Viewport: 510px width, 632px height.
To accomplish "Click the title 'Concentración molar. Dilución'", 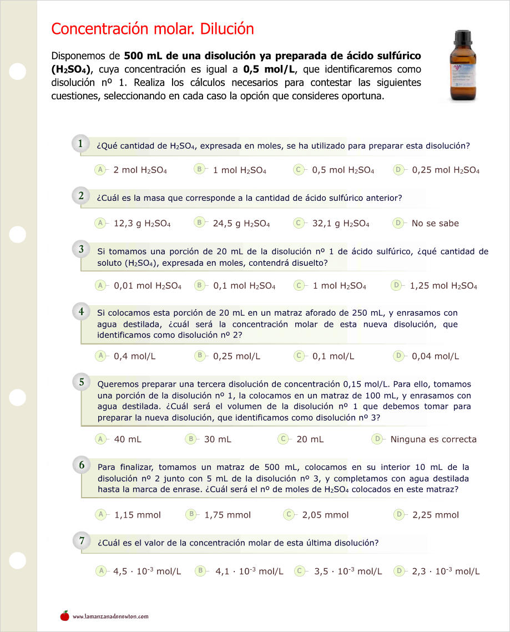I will (152, 29).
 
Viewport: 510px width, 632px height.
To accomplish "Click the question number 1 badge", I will (80, 144).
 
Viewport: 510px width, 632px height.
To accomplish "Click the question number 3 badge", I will (81, 250).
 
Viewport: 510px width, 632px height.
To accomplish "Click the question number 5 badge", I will (81, 382).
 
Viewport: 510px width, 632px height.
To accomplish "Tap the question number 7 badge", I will (81, 540).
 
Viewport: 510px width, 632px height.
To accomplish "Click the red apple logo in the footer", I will (65, 615).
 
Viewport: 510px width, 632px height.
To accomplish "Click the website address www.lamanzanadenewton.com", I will (110, 616).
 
